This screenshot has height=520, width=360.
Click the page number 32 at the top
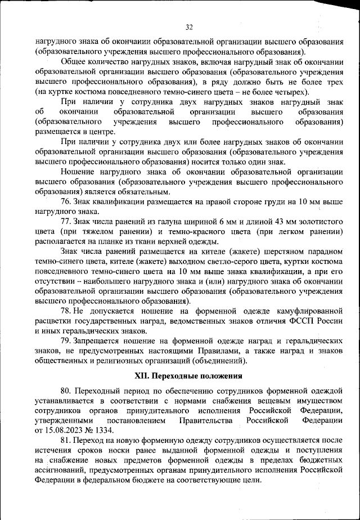pos(188,27)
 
